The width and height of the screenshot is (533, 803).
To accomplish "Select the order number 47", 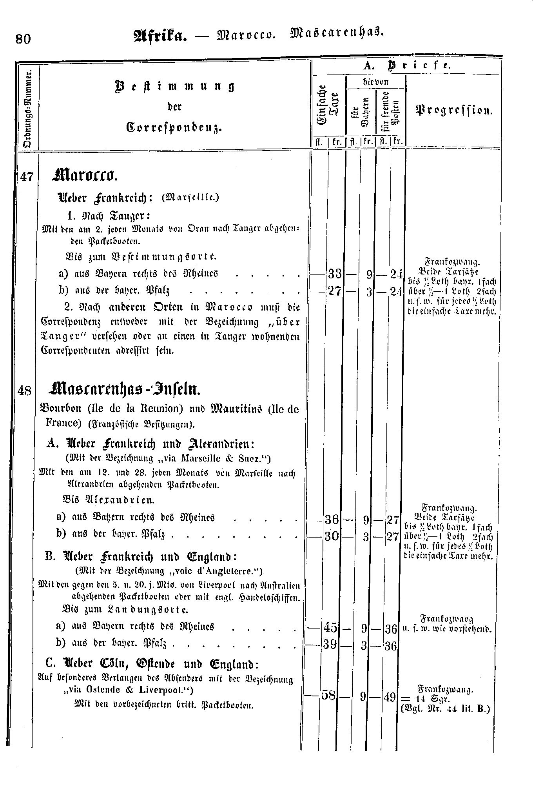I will click(x=27, y=177).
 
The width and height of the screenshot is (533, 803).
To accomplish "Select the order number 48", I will click(x=25, y=391).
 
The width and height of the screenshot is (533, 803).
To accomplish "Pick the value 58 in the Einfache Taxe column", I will click(x=328, y=695).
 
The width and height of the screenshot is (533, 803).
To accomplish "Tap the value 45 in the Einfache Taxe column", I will click(x=330, y=627).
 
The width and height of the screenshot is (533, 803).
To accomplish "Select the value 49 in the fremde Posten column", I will click(x=390, y=697).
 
